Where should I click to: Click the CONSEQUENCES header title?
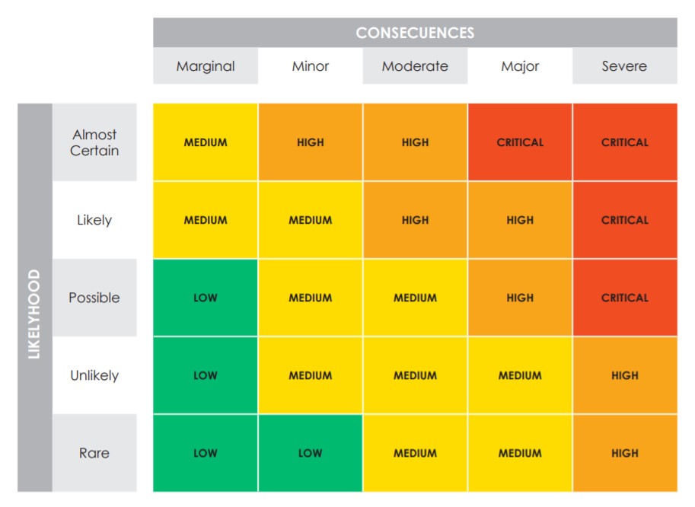click(415, 33)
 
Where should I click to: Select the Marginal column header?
click(206, 66)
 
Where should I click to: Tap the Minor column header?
click(311, 66)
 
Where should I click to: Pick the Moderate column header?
click(415, 66)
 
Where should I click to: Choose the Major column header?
click(520, 66)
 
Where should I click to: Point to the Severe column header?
click(624, 66)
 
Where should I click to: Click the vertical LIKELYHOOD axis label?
click(35, 313)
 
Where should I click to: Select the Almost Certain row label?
click(94, 142)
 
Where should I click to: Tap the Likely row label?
click(94, 220)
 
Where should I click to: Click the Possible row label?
click(94, 298)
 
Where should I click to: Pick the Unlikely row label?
click(94, 375)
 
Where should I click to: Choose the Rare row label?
click(94, 453)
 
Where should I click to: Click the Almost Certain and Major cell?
click(520, 142)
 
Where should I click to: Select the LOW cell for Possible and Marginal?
click(206, 298)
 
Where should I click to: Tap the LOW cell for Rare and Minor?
click(311, 453)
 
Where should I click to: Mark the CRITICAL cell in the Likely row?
click(624, 220)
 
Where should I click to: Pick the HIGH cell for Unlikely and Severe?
click(624, 375)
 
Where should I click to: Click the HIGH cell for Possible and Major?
click(520, 298)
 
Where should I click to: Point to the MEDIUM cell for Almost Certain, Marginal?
click(206, 142)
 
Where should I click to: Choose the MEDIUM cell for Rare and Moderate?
click(415, 453)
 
